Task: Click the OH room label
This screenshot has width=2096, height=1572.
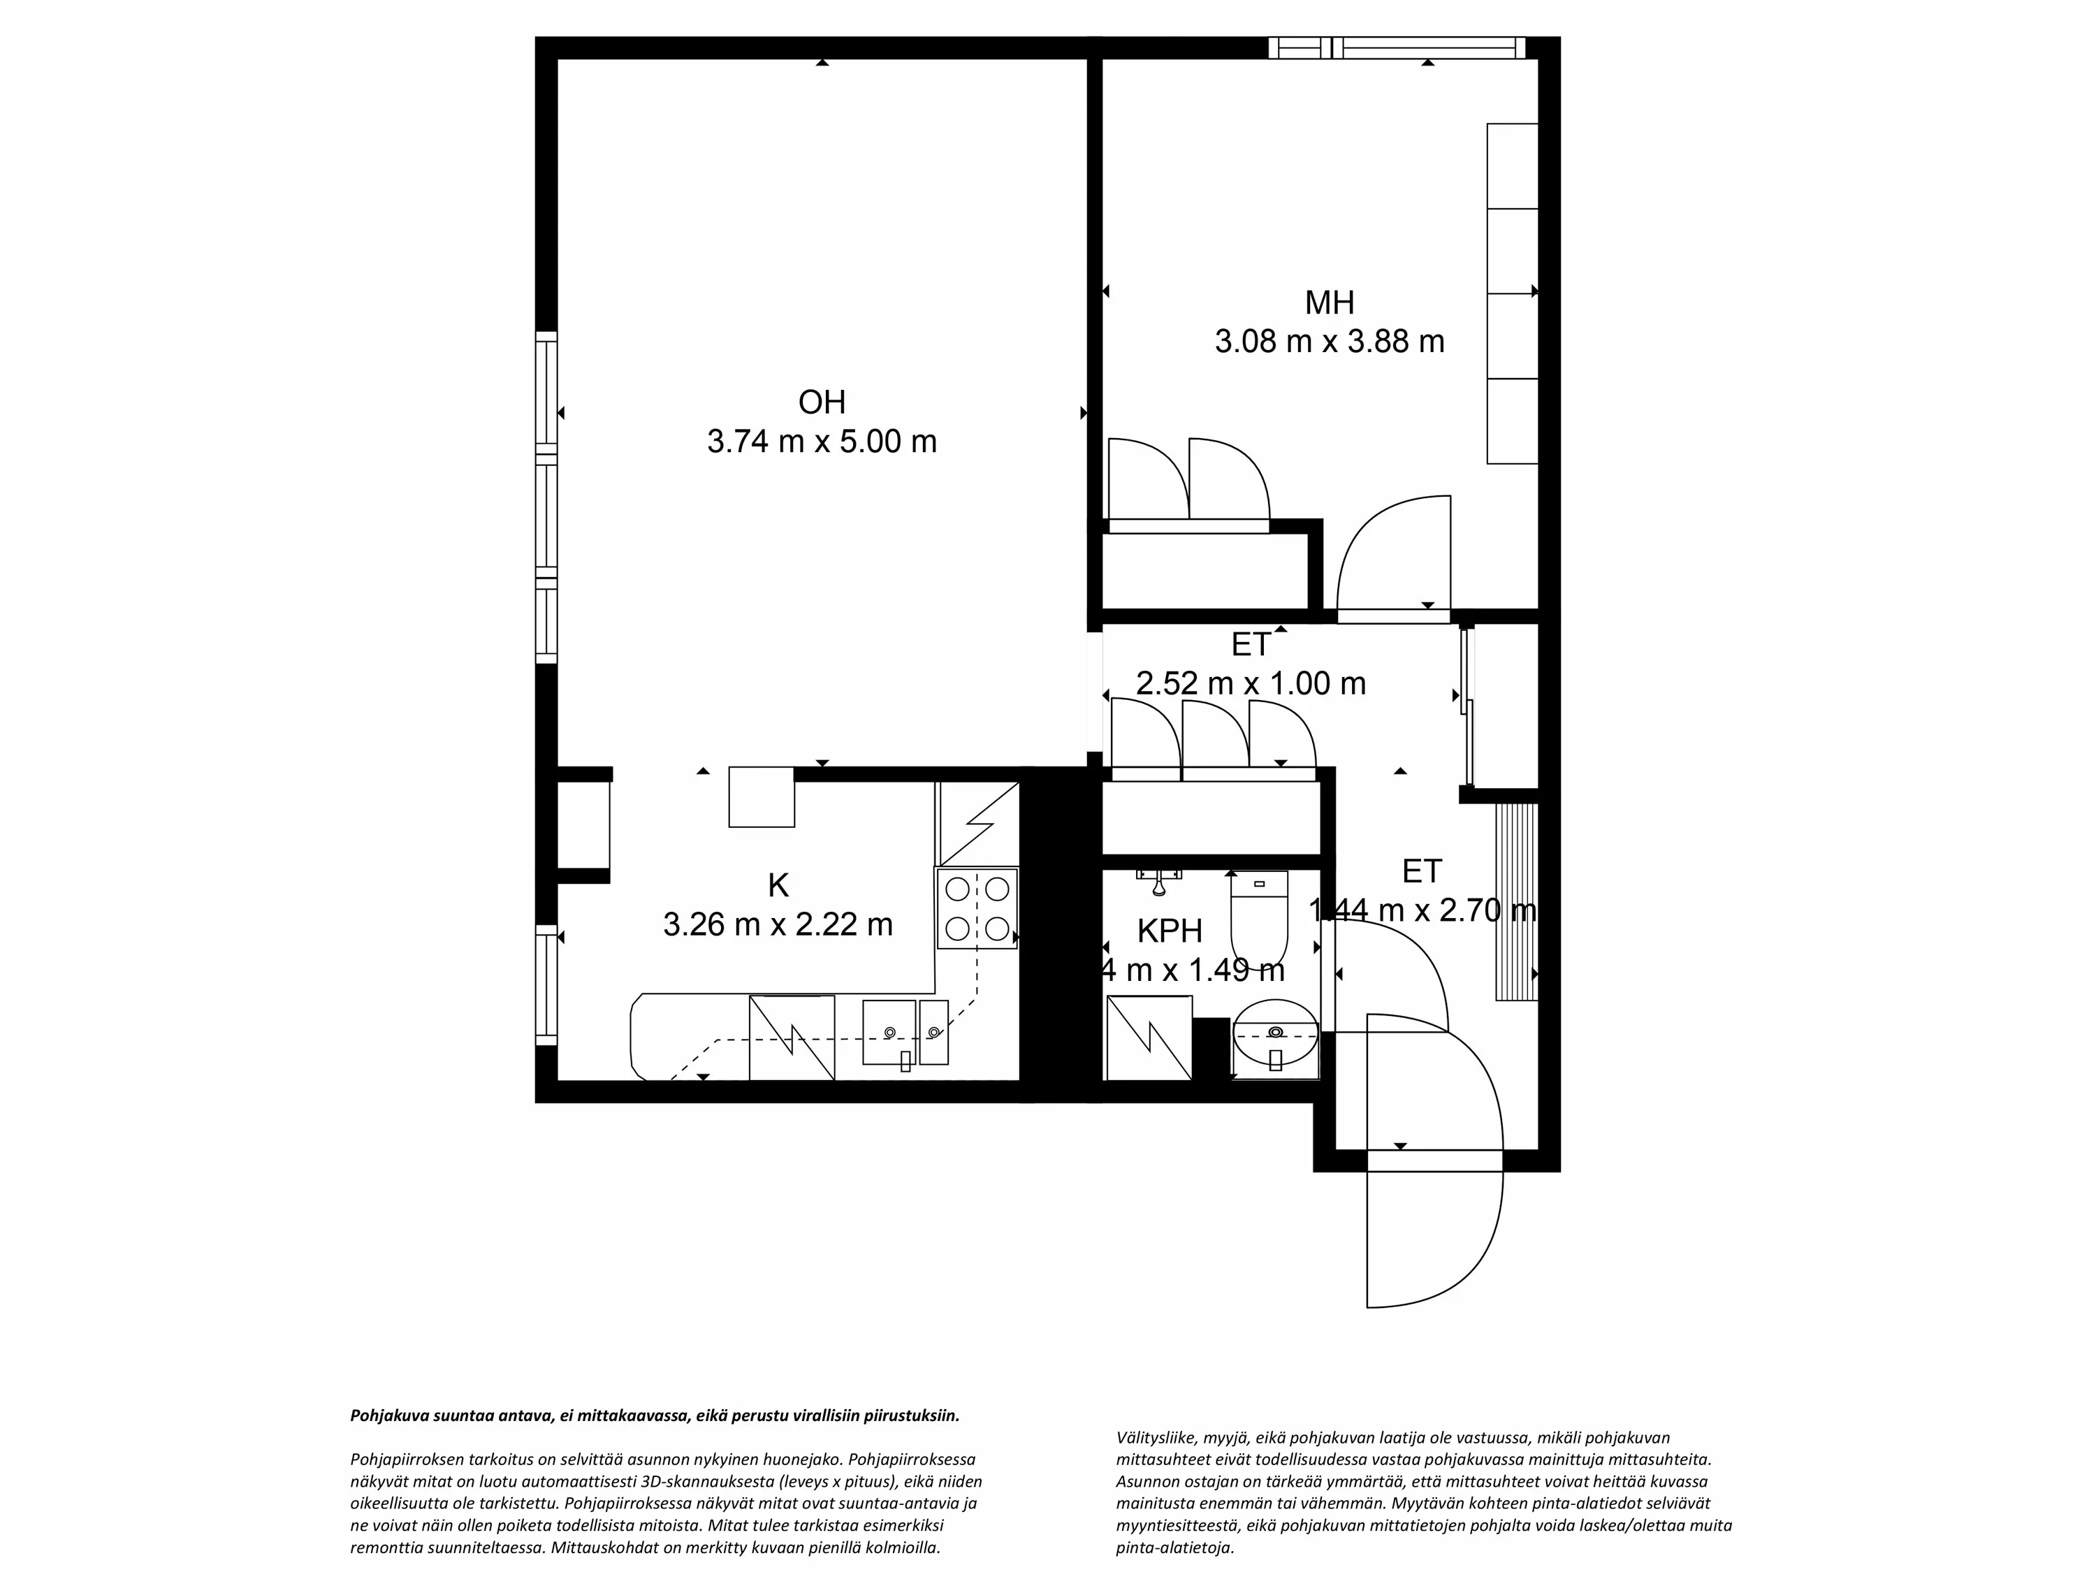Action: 822,402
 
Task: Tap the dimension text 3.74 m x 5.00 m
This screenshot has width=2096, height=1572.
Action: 822,442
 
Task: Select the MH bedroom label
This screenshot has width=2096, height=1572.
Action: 1330,303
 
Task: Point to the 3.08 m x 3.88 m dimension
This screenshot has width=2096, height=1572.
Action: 1330,341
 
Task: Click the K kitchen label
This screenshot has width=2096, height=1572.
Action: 778,885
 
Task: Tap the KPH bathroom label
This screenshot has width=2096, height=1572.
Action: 1170,931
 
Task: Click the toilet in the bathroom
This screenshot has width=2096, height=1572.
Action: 1259,919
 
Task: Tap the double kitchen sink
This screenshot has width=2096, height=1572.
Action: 905,1032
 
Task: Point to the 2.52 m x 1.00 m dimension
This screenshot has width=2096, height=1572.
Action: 1251,683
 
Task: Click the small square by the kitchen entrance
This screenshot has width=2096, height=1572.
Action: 761,797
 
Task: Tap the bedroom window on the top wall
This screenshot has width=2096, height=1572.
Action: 1397,48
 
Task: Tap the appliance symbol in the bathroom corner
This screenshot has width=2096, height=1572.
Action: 1149,1037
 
